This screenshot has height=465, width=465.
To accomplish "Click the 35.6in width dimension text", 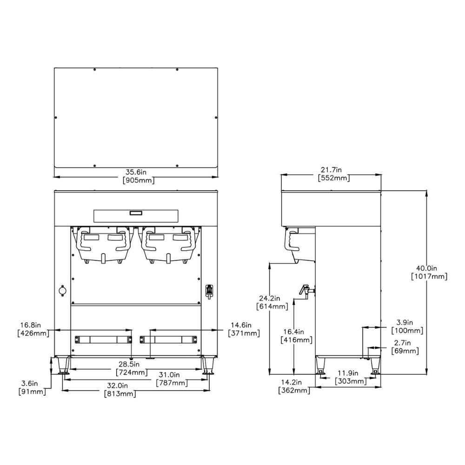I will (136, 173).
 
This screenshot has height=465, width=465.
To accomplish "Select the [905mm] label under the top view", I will (136, 180).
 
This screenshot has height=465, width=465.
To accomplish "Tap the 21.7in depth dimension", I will (331, 170).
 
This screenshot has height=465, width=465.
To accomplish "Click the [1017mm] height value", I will (429, 276).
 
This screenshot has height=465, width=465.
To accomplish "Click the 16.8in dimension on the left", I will (32, 325).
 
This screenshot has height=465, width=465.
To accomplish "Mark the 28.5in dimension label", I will (132, 365).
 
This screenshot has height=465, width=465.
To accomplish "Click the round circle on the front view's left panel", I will (62, 291).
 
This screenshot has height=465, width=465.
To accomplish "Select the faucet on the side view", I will (306, 290).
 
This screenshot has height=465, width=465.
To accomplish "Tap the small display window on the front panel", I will (135, 213).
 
